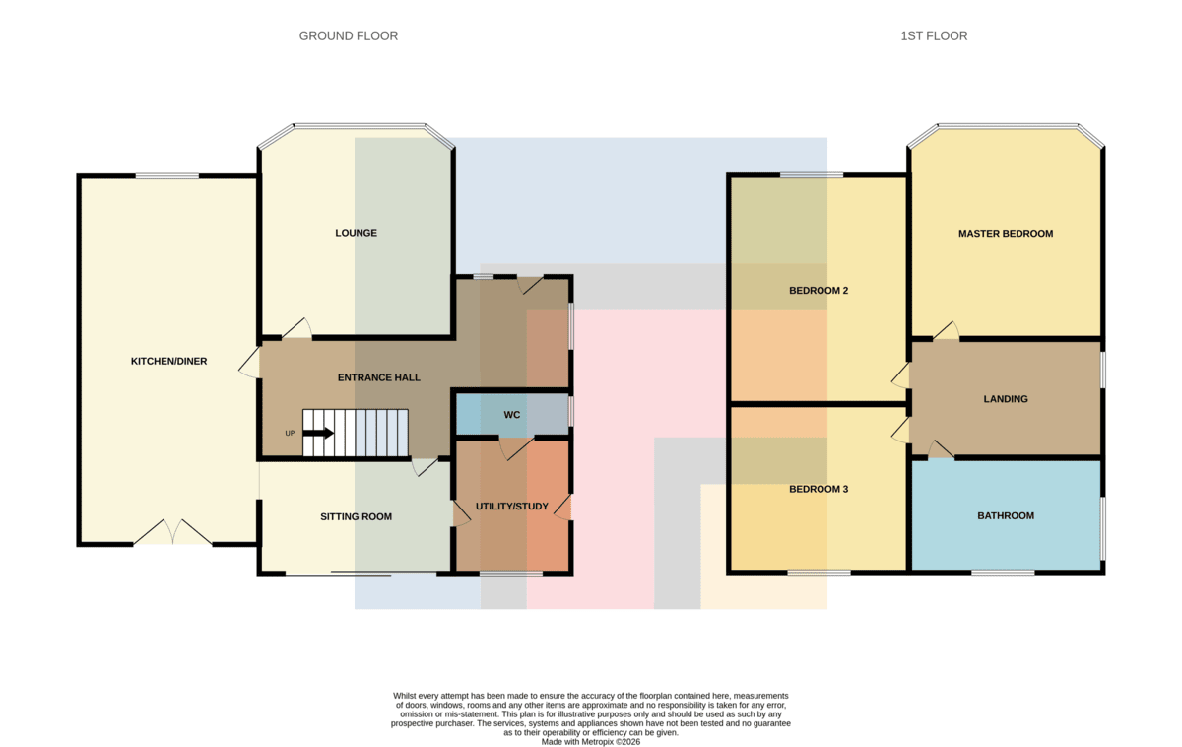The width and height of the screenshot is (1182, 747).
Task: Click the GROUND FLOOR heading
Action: point(349,35)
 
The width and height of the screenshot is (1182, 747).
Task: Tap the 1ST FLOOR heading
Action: point(934,35)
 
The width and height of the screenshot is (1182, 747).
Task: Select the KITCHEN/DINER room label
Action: point(168,361)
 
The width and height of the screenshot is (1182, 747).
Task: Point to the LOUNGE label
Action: point(357,233)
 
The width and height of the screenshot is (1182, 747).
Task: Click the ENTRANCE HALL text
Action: point(379,377)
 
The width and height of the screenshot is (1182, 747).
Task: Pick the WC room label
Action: point(512,415)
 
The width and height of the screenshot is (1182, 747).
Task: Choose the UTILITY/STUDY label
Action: point(512,507)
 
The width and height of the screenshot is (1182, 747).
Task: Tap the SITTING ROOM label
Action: point(357,516)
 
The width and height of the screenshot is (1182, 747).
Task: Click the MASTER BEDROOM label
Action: point(1006,234)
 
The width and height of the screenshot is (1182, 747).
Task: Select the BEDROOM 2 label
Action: point(819,291)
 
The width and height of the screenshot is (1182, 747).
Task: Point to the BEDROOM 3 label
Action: point(819,490)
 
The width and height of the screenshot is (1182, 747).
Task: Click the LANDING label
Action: point(1006,399)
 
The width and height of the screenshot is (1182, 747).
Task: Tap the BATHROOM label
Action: point(1006,515)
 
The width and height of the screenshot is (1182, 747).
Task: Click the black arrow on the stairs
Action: point(318,433)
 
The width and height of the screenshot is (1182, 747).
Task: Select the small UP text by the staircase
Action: point(290,433)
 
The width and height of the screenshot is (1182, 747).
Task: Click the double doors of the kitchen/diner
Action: point(172,531)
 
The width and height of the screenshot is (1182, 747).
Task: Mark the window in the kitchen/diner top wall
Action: point(167,175)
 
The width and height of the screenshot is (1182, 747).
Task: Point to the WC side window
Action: point(571,411)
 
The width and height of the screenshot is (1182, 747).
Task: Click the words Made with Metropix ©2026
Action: point(590,742)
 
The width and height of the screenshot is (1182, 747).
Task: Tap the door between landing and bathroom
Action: point(941,449)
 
